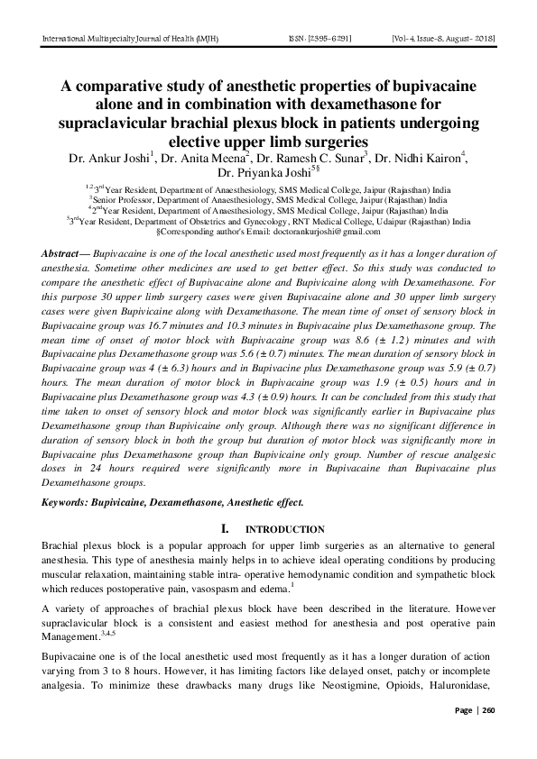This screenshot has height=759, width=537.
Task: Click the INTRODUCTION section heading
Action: [x=285, y=529]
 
